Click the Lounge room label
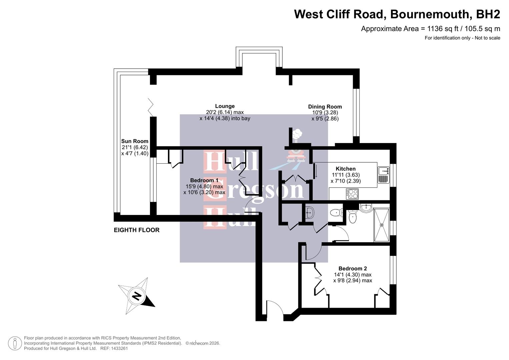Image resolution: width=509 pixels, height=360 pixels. [225, 106]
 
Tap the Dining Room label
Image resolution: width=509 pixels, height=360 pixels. [325, 107]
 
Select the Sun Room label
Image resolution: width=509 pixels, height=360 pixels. [135, 141]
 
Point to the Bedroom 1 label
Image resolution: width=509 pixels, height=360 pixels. [204, 180]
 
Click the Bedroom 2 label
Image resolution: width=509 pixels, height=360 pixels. [352, 268]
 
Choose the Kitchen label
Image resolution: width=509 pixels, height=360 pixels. [345, 169]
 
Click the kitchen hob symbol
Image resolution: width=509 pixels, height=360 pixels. [352, 194]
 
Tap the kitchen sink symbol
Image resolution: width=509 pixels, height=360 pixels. [383, 175]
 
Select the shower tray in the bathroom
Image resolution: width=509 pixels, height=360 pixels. [382, 225]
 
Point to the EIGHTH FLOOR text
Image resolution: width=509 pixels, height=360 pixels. [137, 230]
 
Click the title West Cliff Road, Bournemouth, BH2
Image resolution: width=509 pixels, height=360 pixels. [397, 14]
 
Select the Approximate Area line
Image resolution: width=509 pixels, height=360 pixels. [430, 29]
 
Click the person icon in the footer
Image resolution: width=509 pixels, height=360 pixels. [15, 343]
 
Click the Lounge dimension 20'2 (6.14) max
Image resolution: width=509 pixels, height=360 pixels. [225, 112]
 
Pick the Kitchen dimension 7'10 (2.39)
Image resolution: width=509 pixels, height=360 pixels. [345, 181]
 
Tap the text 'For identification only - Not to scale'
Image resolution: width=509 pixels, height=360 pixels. [462, 38]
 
